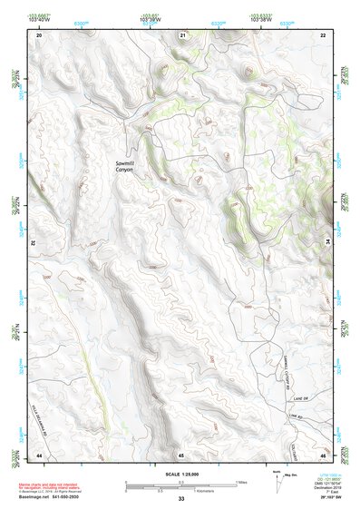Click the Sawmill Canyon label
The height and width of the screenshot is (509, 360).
click(124, 166)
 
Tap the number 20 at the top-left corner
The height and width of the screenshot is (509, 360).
click(39, 34)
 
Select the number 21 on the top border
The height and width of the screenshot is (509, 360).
click(182, 34)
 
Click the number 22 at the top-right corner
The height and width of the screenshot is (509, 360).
click(323, 34)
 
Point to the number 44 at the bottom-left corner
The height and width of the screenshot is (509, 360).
click(39, 454)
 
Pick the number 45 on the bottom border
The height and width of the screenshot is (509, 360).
click(181, 454)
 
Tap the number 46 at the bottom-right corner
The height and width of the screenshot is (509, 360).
click(323, 454)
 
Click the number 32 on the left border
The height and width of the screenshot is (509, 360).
click(33, 243)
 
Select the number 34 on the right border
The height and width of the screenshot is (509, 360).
click(328, 243)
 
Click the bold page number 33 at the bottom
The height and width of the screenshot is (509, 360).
click(181, 499)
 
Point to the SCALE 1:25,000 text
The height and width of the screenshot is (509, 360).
click(180, 476)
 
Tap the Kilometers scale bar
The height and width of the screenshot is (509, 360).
click(180, 489)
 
